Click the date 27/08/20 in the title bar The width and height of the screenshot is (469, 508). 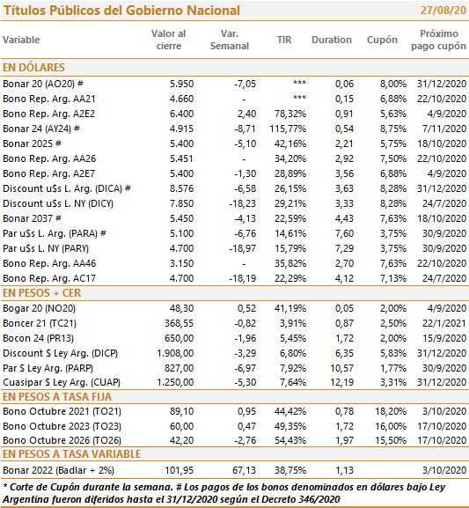tap(443, 11)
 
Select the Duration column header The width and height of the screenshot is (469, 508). tap(332, 40)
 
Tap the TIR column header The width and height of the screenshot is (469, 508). tap(284, 40)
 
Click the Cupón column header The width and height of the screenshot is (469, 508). tap(382, 40)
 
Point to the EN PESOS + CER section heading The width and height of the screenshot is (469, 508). tap(41, 293)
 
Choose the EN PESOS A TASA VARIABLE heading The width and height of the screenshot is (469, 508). tap(71, 454)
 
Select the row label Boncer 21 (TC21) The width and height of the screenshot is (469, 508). tap(40, 323)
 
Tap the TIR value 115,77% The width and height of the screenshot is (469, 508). tap(288, 129)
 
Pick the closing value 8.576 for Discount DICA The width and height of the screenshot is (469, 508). tap(181, 188)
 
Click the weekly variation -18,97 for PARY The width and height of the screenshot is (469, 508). tap(242, 248)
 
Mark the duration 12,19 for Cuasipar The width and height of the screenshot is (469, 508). tap(341, 382)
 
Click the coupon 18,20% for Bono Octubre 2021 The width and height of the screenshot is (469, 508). tap(391, 411)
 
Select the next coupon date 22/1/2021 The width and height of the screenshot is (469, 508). tap(444, 323)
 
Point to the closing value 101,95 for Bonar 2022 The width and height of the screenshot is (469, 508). tap(180, 470)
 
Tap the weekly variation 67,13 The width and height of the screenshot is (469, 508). tap(244, 470)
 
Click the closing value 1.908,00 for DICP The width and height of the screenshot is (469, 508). tap(175, 353)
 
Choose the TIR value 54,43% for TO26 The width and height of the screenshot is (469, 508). tap(290, 440)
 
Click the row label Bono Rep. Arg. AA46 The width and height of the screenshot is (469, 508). tap(49, 263)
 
